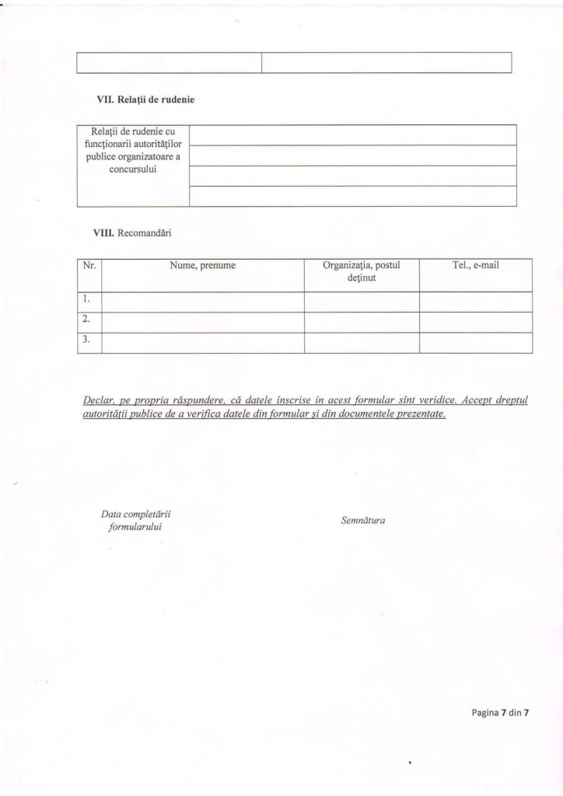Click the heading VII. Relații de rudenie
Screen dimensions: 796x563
[x=145, y=99]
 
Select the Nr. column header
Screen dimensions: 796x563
[x=89, y=266]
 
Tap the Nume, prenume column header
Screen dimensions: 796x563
[x=202, y=266]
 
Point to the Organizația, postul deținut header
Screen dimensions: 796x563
[x=361, y=271]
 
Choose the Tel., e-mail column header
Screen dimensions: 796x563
[x=475, y=266]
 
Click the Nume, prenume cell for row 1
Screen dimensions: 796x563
[x=202, y=302]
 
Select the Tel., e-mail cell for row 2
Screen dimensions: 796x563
[x=475, y=322]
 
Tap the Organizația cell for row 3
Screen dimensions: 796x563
[x=361, y=343]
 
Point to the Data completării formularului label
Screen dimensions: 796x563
[x=135, y=521]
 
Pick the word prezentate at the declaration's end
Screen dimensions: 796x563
[x=421, y=414]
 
